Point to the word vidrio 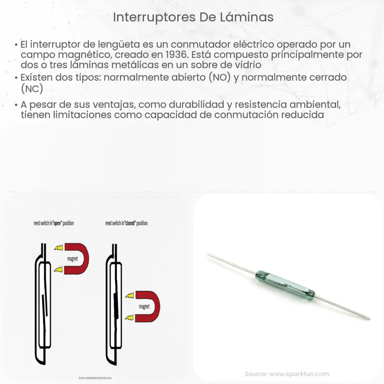[x=246, y=65]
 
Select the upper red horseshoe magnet [x=77, y=258]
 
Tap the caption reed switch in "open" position [x=54, y=223]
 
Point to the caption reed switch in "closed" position [x=126, y=223]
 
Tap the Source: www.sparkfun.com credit [x=286, y=374]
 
